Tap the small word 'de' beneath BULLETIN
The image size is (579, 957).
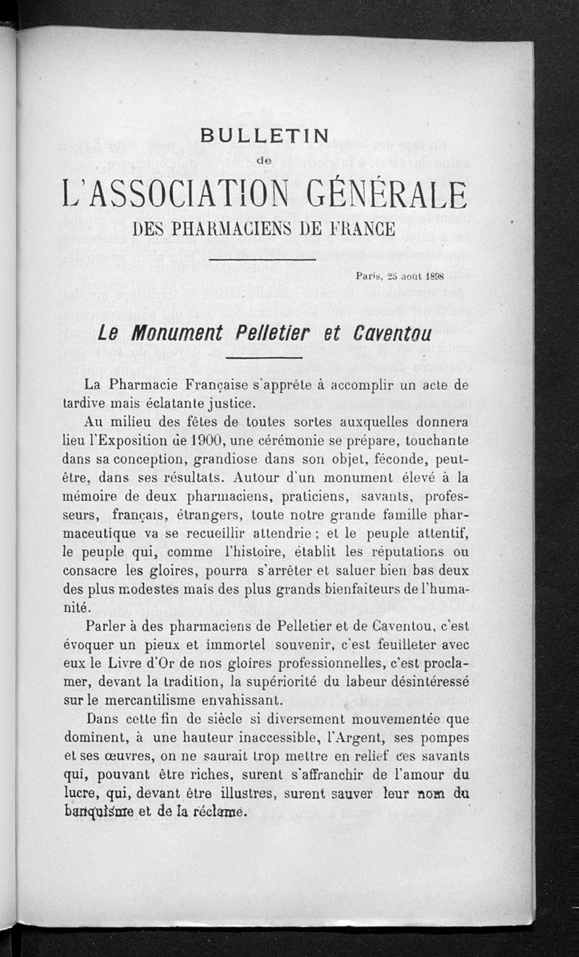[x=264, y=160]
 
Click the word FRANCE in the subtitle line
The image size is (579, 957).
[x=363, y=229]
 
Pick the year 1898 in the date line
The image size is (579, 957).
[x=434, y=276]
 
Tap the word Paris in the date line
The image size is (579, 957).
[x=370, y=276]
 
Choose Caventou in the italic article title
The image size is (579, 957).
[x=392, y=334]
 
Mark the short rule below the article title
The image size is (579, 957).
[x=263, y=357]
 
